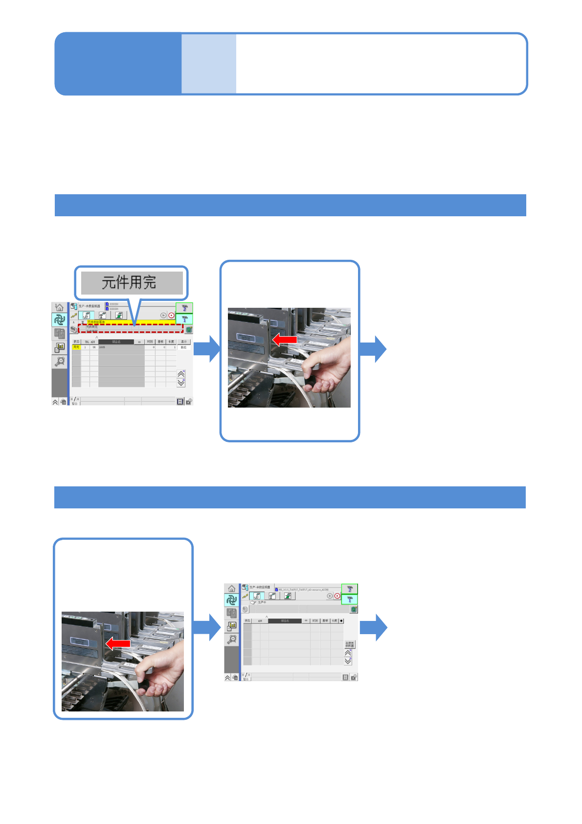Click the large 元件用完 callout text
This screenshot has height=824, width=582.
[x=129, y=282]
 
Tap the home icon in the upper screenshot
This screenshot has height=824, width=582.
[x=59, y=307]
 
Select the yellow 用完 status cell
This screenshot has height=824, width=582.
[x=76, y=347]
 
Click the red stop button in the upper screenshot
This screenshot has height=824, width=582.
[x=171, y=316]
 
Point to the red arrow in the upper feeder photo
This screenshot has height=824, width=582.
[x=285, y=339]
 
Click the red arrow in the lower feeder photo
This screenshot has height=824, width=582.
[x=118, y=643]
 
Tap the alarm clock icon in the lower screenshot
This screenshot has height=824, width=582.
[x=232, y=639]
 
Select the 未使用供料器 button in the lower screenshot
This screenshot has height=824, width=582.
[x=349, y=644]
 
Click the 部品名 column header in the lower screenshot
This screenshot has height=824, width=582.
[x=285, y=620]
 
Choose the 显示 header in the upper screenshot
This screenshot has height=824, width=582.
[x=184, y=342]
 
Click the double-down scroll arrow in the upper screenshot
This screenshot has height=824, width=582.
[x=181, y=383]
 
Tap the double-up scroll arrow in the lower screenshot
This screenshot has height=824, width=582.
[x=348, y=653]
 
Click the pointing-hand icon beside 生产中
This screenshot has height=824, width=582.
[x=253, y=602]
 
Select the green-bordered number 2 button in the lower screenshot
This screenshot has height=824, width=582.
[x=349, y=589]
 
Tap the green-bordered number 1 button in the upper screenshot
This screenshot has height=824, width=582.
[x=184, y=319]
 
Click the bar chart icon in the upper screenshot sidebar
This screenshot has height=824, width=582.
[x=60, y=347]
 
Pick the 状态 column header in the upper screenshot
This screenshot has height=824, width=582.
[x=76, y=342]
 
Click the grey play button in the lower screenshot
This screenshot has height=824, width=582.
[x=330, y=596]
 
